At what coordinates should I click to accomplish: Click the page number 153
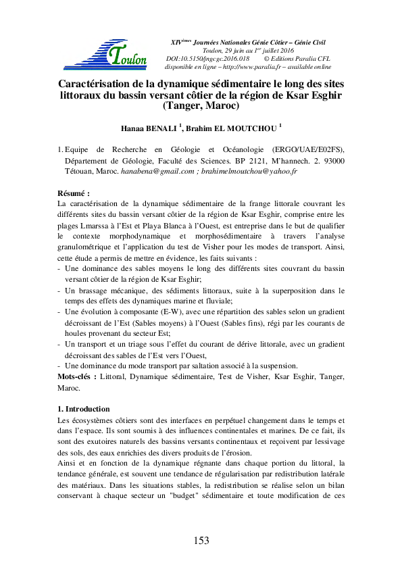(201, 540)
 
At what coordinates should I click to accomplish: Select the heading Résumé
(74, 193)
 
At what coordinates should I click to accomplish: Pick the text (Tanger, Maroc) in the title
(201, 106)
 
